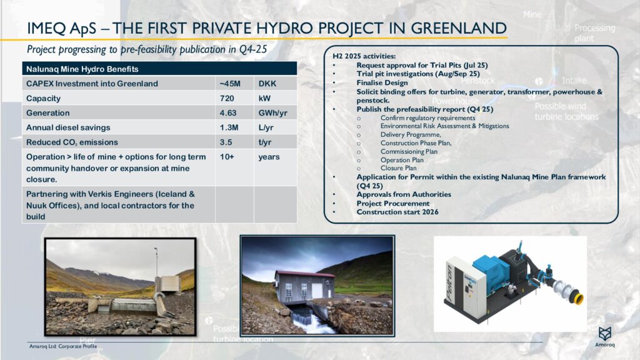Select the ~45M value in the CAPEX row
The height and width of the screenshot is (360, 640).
229,83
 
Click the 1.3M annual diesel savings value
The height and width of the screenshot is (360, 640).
229,127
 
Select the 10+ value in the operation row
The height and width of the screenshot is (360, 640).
227,157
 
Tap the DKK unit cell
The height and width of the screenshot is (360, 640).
267,83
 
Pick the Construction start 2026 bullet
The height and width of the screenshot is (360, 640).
397,212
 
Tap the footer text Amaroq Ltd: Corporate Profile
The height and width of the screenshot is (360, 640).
64,346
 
